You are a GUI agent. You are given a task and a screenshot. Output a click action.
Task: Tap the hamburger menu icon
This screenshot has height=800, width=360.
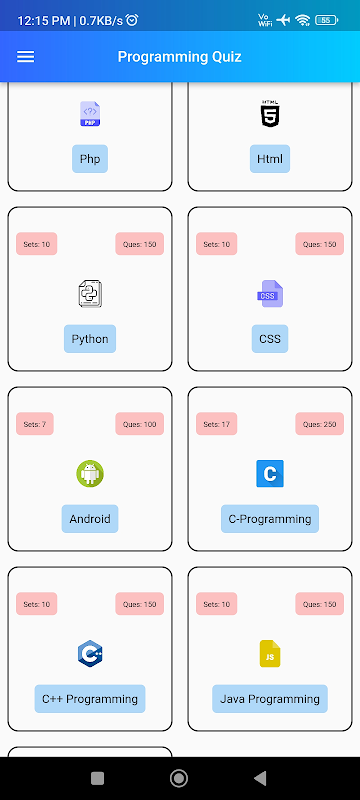tap(25, 57)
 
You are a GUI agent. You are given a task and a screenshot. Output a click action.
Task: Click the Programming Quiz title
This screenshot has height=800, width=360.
tap(179, 57)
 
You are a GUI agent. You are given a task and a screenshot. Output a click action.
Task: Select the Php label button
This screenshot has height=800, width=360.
tap(90, 159)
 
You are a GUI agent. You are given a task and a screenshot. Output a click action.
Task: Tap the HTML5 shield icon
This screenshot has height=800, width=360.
tap(270, 113)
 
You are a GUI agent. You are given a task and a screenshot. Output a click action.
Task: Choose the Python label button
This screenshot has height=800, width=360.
tap(90, 339)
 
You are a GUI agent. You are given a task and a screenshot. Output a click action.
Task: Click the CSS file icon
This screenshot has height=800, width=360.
tap(270, 294)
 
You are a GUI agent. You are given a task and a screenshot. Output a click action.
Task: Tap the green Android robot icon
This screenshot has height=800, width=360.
tap(90, 473)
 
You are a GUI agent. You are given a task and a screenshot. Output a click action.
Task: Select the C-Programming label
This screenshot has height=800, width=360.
tap(270, 519)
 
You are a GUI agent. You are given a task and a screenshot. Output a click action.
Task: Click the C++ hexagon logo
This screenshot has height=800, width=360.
tap(90, 654)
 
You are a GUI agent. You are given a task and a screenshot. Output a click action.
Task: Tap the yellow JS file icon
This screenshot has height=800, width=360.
tap(270, 654)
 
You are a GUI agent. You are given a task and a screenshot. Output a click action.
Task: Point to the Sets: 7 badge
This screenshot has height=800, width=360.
tap(35, 424)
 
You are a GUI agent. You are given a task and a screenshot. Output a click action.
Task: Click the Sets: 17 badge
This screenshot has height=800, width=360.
tap(217, 424)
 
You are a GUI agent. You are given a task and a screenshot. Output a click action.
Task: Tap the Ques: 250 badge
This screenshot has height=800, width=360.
tap(320, 424)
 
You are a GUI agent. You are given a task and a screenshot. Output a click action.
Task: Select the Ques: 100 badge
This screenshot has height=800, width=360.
tap(140, 424)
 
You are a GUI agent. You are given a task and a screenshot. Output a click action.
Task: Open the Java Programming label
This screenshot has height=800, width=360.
tap(270, 699)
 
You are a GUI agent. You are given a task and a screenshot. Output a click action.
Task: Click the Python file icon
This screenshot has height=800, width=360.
tap(90, 294)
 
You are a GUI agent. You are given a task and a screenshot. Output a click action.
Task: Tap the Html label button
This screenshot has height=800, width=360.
tap(270, 159)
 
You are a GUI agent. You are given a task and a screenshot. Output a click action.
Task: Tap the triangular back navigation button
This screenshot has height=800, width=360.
tap(260, 778)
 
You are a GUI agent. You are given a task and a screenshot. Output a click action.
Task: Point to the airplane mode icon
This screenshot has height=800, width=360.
tap(282, 20)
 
